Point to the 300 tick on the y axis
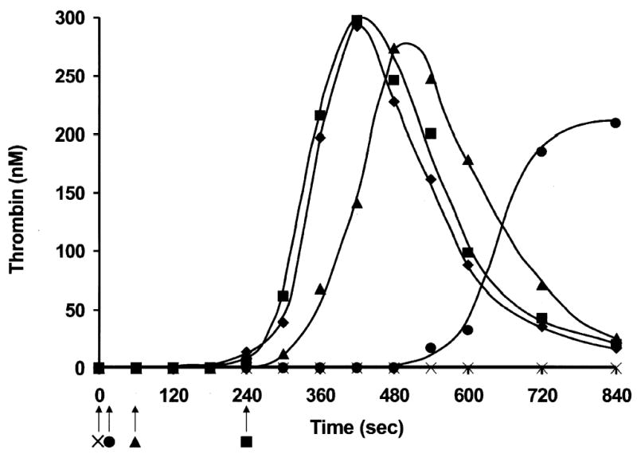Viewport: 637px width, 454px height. click(67, 18)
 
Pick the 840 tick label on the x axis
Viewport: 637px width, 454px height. click(615, 393)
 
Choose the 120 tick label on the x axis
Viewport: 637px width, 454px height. click(173, 393)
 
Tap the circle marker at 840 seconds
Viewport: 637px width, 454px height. click(616, 123)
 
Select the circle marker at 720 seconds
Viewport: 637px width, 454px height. click(541, 151)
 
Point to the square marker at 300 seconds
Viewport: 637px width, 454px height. click(283, 296)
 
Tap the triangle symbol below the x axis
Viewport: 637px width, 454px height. click(135, 440)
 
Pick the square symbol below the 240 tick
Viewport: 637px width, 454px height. click(247, 440)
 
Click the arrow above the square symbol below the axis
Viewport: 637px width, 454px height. click(247, 417)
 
